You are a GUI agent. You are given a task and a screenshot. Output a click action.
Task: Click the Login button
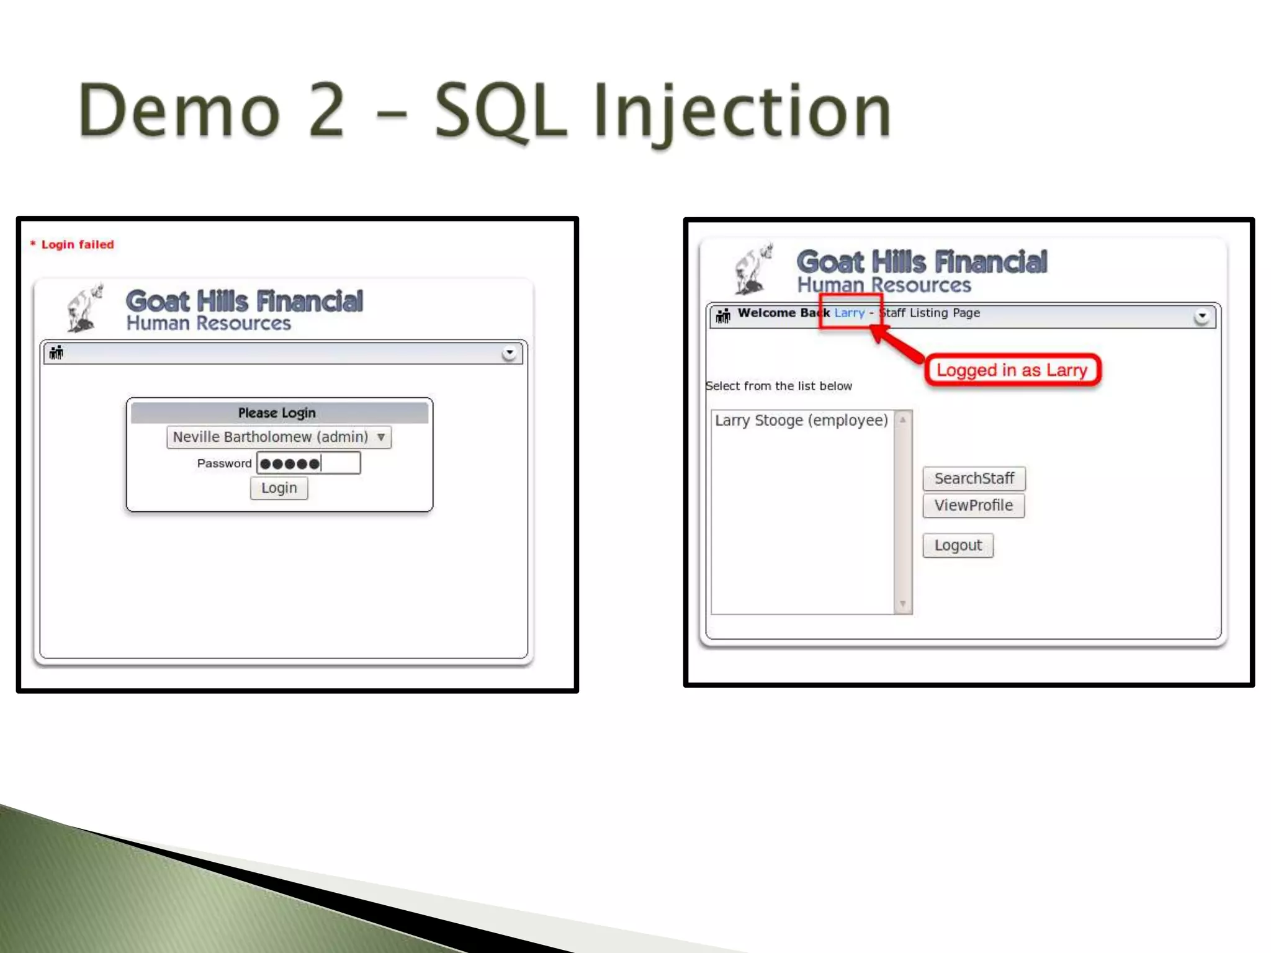pyautogui.click(x=279, y=488)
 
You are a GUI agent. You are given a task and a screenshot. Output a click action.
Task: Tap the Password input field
pyautogui.click(x=308, y=463)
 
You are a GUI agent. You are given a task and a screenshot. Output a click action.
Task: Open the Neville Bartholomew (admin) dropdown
pyautogui.click(x=279, y=437)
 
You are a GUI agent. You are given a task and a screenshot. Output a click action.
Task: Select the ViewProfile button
pyautogui.click(x=973, y=506)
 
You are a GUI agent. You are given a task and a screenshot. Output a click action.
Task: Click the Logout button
pyautogui.click(x=958, y=545)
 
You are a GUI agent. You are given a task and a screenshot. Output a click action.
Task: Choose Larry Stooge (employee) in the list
pyautogui.click(x=801, y=421)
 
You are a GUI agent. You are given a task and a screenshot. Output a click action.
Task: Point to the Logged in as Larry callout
pyautogui.click(x=1012, y=370)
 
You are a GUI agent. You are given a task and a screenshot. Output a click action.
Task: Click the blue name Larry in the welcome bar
pyautogui.click(x=849, y=313)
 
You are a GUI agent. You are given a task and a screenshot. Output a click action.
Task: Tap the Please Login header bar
pyautogui.click(x=279, y=413)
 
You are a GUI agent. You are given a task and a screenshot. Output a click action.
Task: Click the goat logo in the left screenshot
pyautogui.click(x=85, y=308)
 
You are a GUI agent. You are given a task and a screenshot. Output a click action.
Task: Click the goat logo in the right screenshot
pyautogui.click(x=753, y=269)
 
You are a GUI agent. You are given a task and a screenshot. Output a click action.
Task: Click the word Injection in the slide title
pyautogui.click(x=742, y=112)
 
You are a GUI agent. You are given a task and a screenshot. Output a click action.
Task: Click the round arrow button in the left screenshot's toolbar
pyautogui.click(x=510, y=353)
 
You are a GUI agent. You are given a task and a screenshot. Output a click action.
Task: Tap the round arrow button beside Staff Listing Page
pyautogui.click(x=1201, y=316)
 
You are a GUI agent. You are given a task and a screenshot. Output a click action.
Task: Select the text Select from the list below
pyautogui.click(x=779, y=386)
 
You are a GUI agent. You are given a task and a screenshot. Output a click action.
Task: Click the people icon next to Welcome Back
pyautogui.click(x=723, y=316)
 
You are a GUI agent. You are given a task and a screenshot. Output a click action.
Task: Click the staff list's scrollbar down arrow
pyautogui.click(x=903, y=604)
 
